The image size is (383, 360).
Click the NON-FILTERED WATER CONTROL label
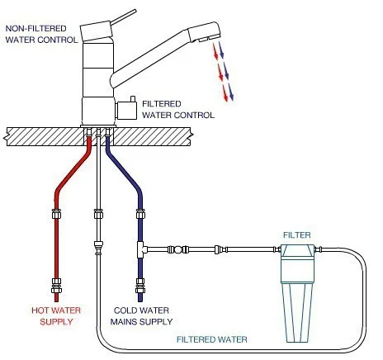coord(41,34)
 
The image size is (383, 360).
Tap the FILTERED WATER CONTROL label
coord(178,110)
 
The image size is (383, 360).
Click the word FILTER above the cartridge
coord(297,235)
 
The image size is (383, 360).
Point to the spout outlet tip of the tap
coord(206,36)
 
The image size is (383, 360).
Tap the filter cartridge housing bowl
coord(296,310)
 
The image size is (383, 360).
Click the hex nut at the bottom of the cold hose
coord(140,290)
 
